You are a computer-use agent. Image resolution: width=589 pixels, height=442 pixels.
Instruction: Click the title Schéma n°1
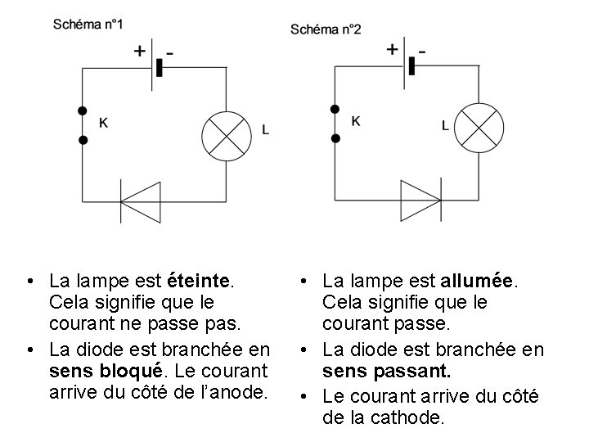88,24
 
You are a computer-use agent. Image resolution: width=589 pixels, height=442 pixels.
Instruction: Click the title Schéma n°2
326,29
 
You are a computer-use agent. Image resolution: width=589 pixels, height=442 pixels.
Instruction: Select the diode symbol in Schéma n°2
419,199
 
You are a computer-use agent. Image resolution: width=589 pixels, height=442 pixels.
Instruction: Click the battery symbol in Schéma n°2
410,65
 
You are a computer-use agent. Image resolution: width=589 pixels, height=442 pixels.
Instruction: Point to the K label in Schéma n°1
103,123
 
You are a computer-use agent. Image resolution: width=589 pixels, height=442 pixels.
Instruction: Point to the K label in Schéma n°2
356,120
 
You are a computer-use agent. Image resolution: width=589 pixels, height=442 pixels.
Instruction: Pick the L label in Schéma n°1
265,129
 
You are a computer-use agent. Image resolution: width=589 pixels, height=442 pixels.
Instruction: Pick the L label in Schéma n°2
445,126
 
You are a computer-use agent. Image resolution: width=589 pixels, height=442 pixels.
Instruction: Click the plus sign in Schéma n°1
140,51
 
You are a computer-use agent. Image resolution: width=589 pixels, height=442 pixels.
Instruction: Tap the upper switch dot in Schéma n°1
82,110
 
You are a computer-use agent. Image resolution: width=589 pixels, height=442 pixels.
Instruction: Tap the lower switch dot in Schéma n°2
334,139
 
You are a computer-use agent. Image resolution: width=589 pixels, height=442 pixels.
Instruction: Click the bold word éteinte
200,281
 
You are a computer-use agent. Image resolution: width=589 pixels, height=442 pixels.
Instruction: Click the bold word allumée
476,281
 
